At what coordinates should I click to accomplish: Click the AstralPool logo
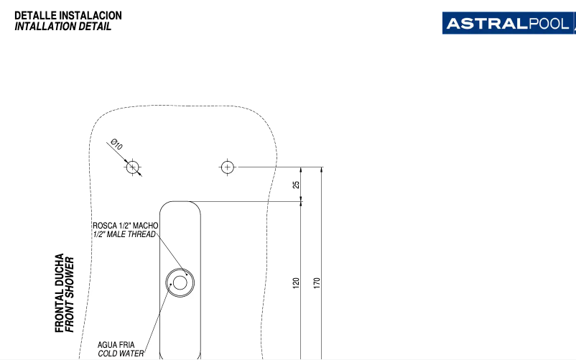[x=508, y=23]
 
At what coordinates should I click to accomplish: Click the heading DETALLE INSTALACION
[x=68, y=15]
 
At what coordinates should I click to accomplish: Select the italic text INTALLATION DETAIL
[x=62, y=27]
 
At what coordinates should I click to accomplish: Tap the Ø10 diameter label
[x=116, y=145]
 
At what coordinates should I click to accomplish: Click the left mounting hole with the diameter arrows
[x=132, y=167]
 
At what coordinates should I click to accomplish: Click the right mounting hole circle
[x=227, y=167]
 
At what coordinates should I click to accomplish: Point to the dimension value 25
[x=297, y=185]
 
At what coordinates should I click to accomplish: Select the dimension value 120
[x=296, y=283]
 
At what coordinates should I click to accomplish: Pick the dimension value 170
[x=317, y=282]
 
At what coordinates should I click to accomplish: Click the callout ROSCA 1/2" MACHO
[x=125, y=226]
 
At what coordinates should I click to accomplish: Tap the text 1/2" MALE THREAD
[x=124, y=234]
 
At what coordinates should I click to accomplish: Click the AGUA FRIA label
[x=114, y=344]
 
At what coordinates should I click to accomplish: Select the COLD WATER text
[x=121, y=353]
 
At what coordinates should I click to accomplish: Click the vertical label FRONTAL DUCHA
[x=60, y=292]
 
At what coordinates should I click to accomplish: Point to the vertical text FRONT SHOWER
[x=70, y=292]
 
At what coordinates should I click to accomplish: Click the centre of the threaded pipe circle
[x=179, y=283]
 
